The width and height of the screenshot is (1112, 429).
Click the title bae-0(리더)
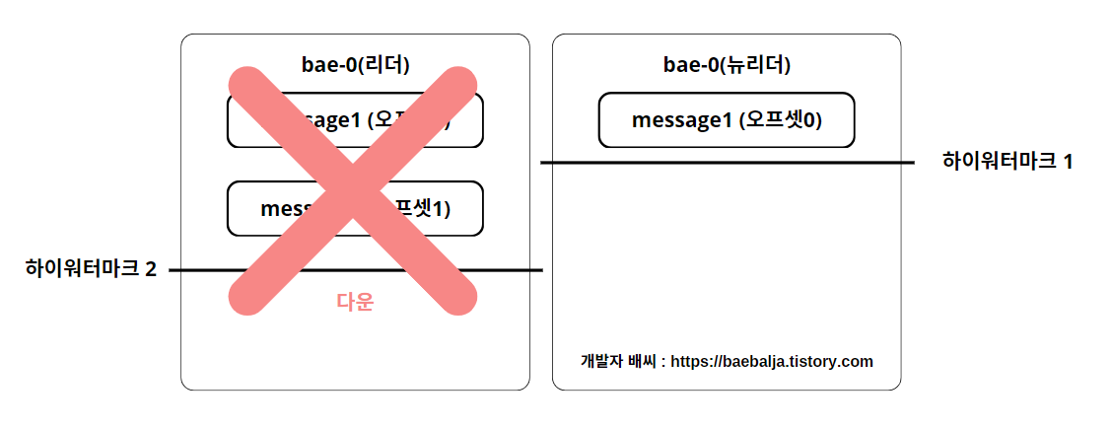click(355, 65)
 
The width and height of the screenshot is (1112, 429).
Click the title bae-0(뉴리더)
click(727, 65)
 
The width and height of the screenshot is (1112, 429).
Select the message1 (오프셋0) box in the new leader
click(727, 120)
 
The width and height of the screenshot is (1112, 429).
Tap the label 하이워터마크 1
click(1007, 162)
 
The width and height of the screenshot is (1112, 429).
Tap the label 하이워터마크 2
click(91, 268)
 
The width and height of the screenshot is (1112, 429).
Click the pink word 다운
click(355, 303)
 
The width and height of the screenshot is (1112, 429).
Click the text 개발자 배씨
click(618, 361)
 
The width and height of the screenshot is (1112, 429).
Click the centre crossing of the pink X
click(353, 189)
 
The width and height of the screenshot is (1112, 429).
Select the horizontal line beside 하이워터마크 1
click(730, 162)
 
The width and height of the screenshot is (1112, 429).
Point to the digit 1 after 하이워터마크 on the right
click(1067, 162)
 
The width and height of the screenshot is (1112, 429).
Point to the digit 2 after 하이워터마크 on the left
click(151, 268)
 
